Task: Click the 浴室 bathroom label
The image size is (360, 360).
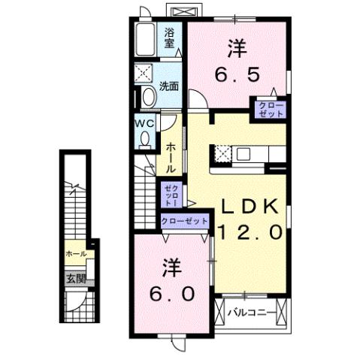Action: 170,38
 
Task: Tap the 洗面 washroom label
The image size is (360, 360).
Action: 169,86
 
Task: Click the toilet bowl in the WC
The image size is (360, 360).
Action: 144,139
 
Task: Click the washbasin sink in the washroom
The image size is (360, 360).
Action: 147,96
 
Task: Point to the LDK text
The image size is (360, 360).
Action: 250,207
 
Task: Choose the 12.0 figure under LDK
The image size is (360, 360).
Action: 250,232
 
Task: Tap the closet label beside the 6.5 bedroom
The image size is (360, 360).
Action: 271,108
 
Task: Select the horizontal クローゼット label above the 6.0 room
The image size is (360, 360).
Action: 185,221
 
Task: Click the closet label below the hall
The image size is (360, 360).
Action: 173,195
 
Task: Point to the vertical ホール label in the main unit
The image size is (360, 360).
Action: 172,157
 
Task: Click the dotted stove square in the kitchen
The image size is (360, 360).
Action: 222,154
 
